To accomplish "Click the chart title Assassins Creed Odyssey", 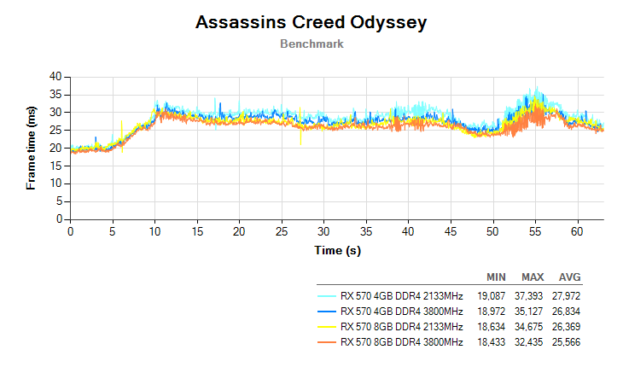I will tap(311, 22).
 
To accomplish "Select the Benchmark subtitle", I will tap(311, 44).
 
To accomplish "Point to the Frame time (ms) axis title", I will tap(32, 148).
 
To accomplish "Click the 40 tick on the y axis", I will tap(55, 76).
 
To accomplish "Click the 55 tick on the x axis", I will tap(535, 231).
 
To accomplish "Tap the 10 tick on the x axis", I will tap(154, 231).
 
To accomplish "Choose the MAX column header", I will tap(533, 278).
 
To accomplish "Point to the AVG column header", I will tap(570, 278).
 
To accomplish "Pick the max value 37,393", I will tap(533, 294).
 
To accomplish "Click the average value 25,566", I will tap(569, 342).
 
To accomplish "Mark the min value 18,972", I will tap(496, 311).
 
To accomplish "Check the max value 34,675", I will tap(533, 327).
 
